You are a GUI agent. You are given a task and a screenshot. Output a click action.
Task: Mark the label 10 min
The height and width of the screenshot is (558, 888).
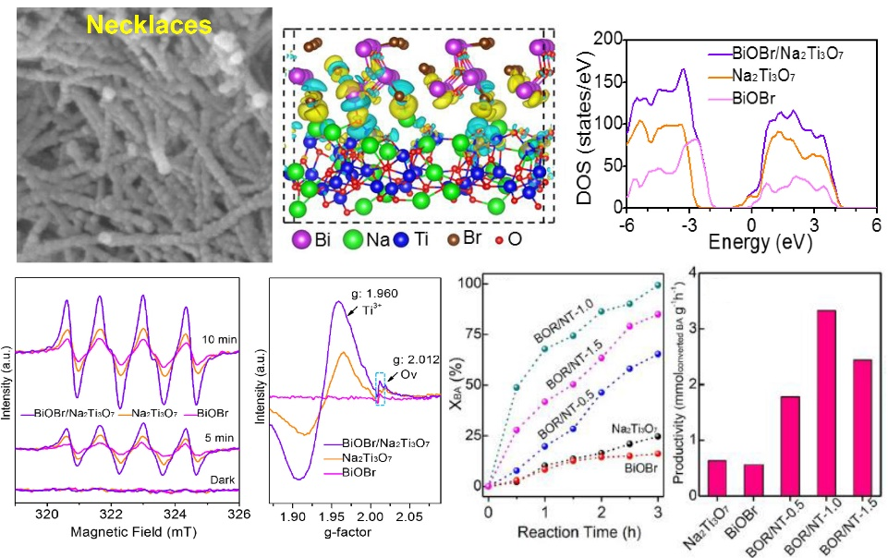(223, 340)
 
